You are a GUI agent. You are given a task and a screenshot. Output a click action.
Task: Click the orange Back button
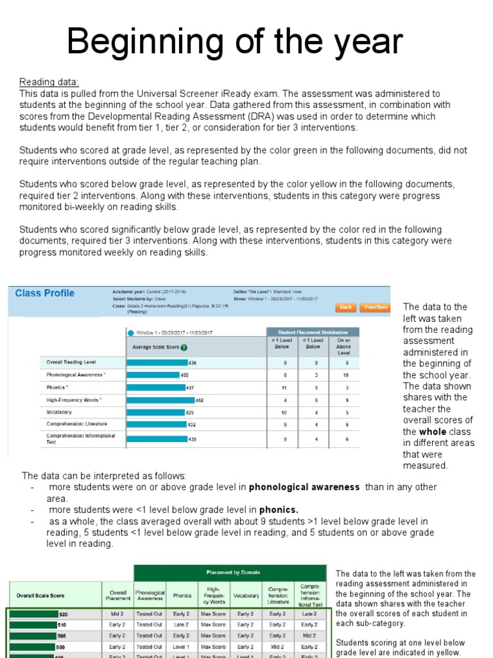coord(346,307)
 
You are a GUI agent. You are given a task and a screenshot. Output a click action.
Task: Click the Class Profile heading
coord(44,294)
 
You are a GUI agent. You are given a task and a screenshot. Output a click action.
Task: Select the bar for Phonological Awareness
coord(153,375)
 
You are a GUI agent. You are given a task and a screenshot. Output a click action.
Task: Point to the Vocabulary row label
coord(59,412)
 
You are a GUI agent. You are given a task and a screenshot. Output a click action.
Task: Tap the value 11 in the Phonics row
coord(284,387)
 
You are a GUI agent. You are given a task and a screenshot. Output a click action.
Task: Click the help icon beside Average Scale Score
coord(184,348)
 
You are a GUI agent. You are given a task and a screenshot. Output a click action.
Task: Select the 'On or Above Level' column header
coord(344,346)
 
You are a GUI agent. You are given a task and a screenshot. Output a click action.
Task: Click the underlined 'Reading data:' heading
coord(49,82)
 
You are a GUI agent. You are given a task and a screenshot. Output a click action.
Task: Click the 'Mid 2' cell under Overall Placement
coord(117,614)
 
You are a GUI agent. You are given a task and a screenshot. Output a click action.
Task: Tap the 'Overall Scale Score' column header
coord(40,596)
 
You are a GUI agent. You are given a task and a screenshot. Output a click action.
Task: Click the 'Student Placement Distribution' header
coord(313,332)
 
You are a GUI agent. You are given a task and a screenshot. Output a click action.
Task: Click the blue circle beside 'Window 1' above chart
coord(130,333)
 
